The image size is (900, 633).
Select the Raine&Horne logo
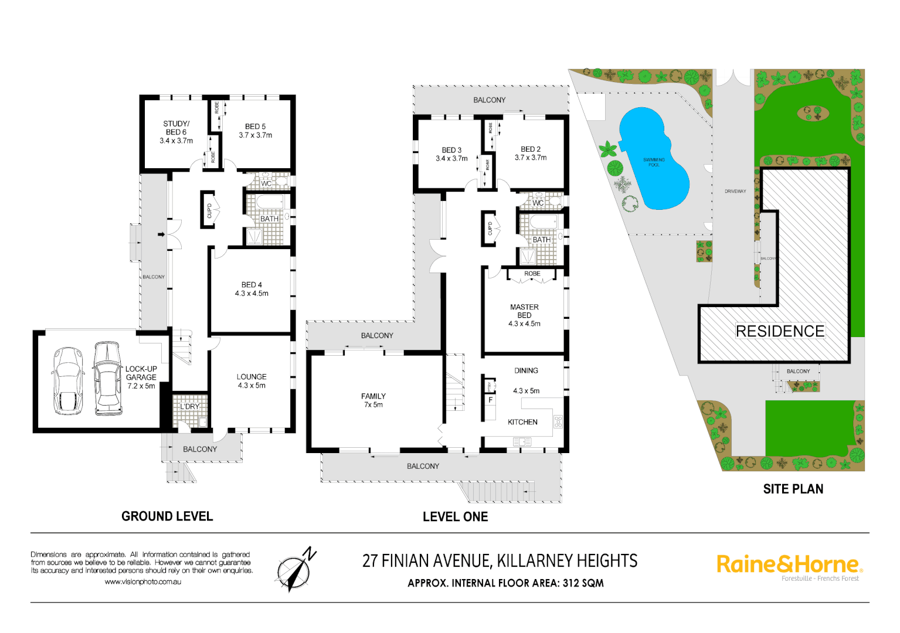pos(789,564)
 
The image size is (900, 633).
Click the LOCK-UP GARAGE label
pos(141,377)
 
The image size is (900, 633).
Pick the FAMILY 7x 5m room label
pos(373,400)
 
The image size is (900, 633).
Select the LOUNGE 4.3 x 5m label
pos(252,381)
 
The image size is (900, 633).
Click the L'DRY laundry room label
pos(189,406)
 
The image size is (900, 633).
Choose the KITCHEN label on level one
pos(522,422)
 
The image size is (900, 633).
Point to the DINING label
pos(526,370)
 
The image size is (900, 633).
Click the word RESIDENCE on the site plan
pos(780,331)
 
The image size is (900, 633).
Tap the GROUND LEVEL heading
pos(167,516)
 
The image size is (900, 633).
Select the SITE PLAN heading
pos(793,489)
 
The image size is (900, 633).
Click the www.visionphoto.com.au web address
pos(143,582)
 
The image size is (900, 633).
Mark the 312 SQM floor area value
pos(583,583)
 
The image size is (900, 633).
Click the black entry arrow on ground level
pos(161,235)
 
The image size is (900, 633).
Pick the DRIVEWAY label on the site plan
pos(735,191)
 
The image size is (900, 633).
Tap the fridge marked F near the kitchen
pos(490,400)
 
